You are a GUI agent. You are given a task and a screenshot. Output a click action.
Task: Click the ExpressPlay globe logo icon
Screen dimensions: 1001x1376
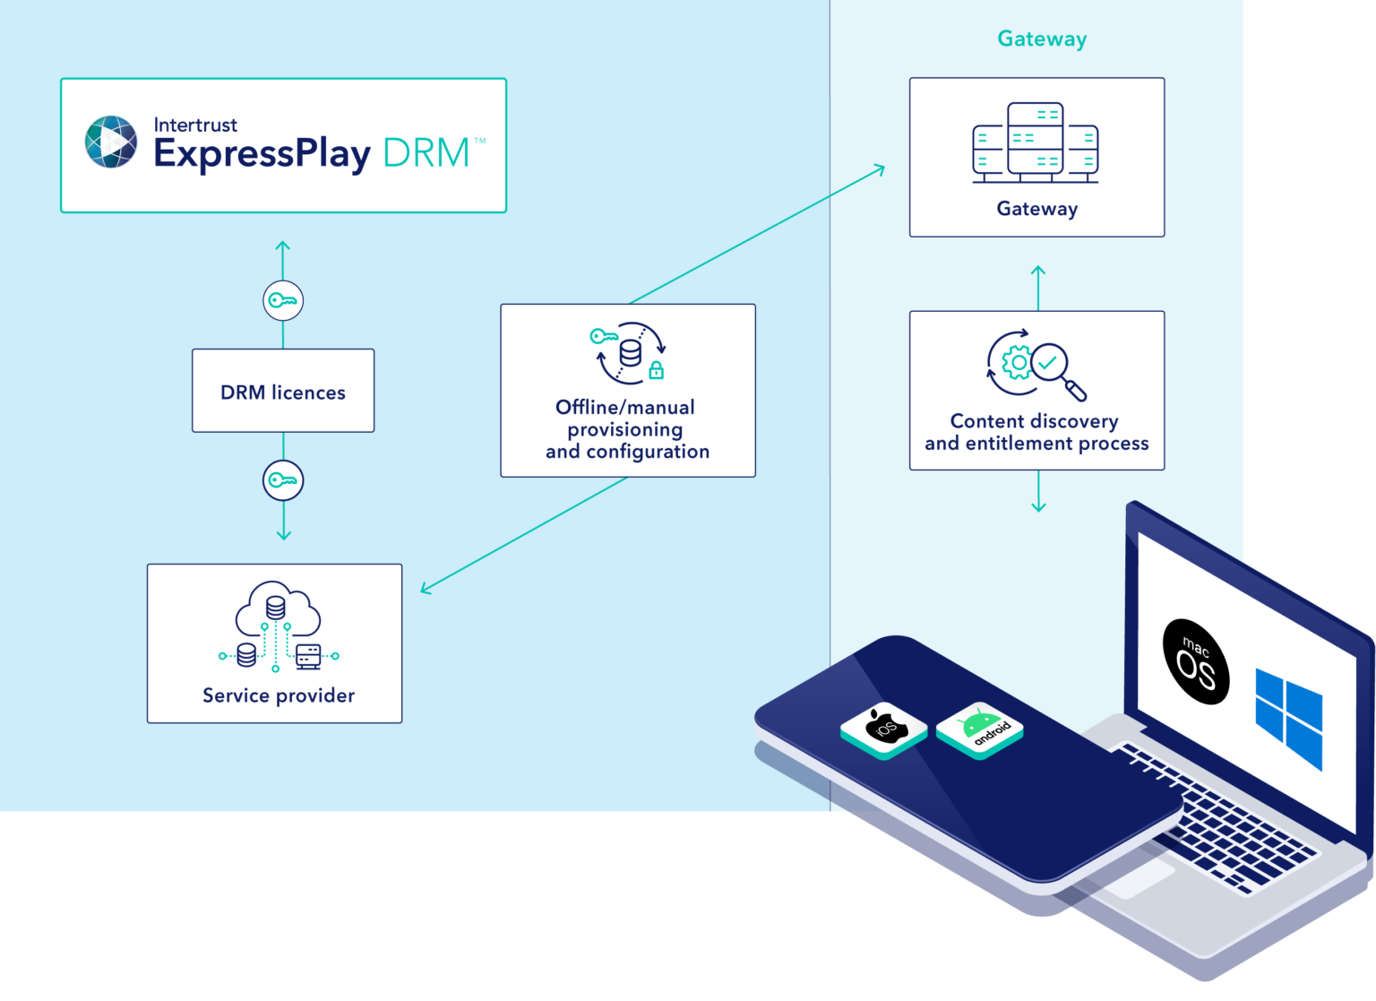pos(111,142)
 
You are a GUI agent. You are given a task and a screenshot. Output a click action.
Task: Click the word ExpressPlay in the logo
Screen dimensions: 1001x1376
pos(262,153)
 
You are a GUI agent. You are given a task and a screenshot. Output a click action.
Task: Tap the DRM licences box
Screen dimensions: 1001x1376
pos(283,391)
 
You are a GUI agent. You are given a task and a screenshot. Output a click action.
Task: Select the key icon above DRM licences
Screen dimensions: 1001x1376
pos(283,300)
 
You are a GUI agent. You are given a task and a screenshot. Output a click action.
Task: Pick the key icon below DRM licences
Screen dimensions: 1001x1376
pos(283,480)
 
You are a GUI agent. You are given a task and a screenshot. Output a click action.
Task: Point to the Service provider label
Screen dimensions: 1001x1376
pos(279,695)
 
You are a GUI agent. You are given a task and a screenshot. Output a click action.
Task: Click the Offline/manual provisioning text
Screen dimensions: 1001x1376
pos(626,429)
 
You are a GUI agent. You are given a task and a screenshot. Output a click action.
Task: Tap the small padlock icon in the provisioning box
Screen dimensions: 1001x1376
pos(656,369)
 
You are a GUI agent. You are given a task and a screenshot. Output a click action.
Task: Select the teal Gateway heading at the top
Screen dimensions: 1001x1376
pos(1042,39)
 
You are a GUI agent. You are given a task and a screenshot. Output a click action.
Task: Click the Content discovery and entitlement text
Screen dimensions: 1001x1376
pos(1036,432)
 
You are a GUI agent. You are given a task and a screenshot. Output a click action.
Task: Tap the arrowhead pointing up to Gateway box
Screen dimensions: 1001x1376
pos(1038,271)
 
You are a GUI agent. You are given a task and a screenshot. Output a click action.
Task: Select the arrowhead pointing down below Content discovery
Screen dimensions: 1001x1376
pos(1038,506)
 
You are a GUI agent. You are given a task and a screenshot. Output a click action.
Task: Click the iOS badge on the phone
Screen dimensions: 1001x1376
pos(884,728)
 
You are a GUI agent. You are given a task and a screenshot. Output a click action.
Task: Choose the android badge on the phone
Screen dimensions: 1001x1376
pos(980,728)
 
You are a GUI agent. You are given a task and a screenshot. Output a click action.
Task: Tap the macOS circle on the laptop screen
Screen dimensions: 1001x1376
pos(1195,661)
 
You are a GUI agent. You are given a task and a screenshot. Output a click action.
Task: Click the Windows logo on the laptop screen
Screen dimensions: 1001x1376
pos(1289,718)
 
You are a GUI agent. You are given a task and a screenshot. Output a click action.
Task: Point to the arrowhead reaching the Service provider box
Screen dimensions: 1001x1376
pos(425,589)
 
